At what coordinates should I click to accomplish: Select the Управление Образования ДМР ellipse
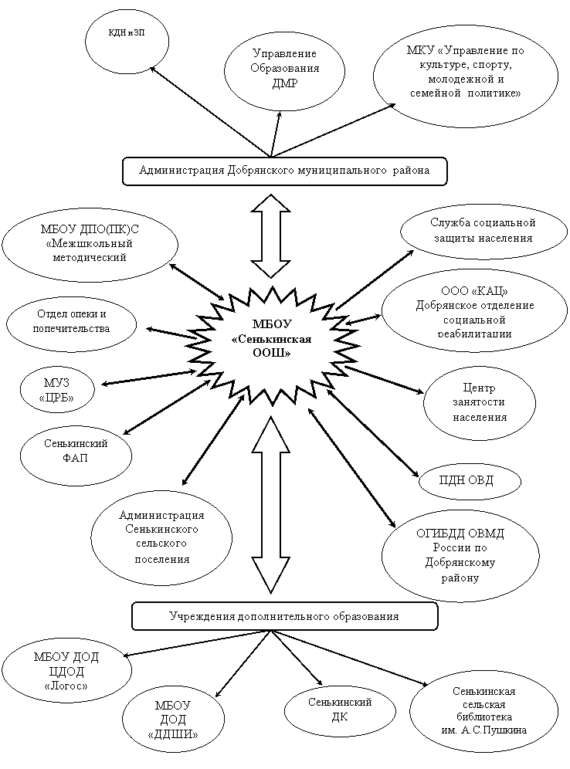coord(284,70)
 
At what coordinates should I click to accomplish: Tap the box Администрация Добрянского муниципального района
coord(284,171)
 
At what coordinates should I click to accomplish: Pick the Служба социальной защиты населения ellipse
coord(482,231)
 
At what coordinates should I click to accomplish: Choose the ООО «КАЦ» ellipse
coord(474,313)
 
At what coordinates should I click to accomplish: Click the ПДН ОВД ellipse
coord(470,480)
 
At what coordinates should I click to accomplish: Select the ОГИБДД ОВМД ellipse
coord(460,555)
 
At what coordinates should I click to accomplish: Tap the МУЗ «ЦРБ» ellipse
coord(57,390)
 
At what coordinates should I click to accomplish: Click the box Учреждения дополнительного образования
coord(284,616)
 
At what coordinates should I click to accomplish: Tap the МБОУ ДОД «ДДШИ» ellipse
coord(173,720)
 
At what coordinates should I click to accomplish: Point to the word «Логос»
coord(66,686)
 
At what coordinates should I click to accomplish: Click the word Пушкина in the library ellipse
coord(504,730)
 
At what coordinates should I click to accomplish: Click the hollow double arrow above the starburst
coord(270,236)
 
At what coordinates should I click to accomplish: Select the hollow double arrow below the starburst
coord(270,505)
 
